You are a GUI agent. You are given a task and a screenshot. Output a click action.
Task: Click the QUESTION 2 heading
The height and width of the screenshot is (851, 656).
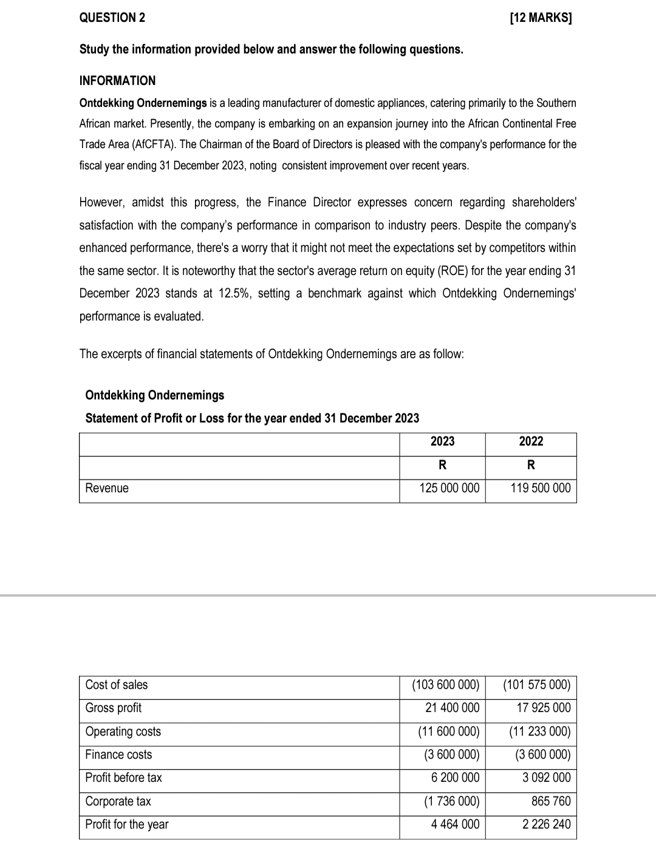(112, 18)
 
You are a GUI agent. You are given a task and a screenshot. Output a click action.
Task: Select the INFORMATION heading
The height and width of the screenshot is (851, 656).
(117, 81)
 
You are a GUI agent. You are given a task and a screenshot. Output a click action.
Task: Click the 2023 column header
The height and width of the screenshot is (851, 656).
(442, 441)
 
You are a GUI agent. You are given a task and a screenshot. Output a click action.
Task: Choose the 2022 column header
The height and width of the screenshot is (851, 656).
(531, 441)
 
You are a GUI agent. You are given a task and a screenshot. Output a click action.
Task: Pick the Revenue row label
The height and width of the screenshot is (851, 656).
(107, 488)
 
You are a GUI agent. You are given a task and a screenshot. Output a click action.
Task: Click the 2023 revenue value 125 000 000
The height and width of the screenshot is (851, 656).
(449, 488)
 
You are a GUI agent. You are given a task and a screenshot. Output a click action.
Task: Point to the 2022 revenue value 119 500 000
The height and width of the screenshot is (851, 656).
(540, 488)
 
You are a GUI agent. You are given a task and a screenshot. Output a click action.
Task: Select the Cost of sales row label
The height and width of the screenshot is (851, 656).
(117, 685)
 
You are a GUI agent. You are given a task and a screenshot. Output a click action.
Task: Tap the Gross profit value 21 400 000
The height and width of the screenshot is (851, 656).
(452, 708)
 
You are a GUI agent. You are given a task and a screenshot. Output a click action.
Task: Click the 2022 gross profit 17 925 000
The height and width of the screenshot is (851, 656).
(544, 708)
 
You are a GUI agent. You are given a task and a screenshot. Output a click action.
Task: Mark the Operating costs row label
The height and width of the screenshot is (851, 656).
(123, 731)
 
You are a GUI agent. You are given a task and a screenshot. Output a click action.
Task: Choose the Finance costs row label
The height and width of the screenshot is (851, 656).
(118, 754)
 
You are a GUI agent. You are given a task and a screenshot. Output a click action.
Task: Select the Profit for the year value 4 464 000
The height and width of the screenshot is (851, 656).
(455, 824)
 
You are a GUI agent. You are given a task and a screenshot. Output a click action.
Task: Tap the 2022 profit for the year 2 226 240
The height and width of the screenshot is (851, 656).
(547, 824)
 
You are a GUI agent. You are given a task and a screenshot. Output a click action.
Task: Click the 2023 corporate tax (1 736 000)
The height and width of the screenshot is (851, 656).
(451, 801)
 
